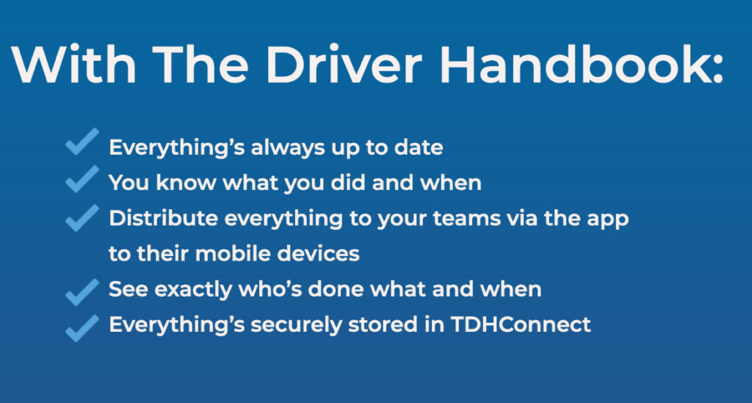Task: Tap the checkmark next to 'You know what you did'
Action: point(82,178)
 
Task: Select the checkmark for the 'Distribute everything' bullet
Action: point(82,217)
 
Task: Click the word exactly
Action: point(192,289)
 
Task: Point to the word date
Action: point(422,148)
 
